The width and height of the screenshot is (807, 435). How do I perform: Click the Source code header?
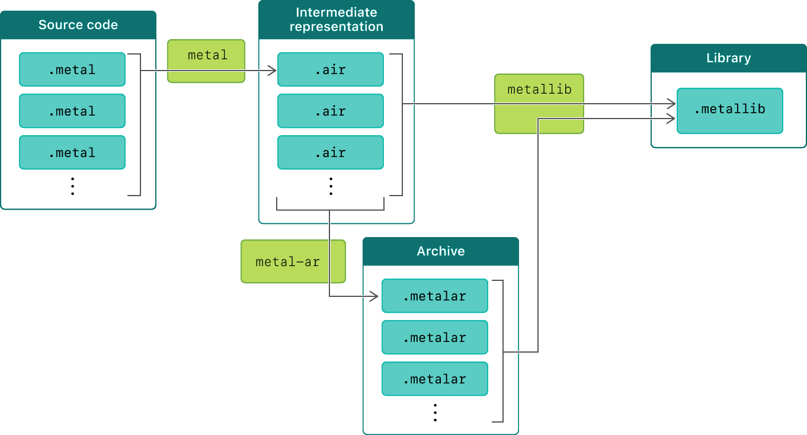point(78,25)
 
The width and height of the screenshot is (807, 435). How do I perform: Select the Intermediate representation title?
point(336,20)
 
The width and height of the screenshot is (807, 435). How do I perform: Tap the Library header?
point(728,58)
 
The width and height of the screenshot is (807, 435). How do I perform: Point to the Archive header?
point(440,251)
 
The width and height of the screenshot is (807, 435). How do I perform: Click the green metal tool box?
point(206,60)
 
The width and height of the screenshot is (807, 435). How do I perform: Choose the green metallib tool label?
point(539,90)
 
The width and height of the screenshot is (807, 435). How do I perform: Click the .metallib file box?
point(729,110)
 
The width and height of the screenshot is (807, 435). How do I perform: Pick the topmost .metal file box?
point(72,69)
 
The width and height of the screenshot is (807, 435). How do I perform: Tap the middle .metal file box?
point(72,111)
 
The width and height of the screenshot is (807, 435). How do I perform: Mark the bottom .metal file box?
point(72,152)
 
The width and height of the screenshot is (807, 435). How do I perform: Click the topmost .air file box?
point(331,69)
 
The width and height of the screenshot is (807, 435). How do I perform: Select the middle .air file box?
point(331,111)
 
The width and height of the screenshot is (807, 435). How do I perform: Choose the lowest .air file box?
point(331,152)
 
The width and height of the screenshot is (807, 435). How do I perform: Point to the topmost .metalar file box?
point(435,296)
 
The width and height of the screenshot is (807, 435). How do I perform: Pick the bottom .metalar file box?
point(435,379)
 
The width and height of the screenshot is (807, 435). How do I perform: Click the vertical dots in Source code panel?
point(72,185)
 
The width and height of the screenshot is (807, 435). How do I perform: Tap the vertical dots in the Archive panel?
point(435,412)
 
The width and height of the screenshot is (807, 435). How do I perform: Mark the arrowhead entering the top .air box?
point(273,71)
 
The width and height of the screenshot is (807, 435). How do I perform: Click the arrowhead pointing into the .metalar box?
point(374,296)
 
